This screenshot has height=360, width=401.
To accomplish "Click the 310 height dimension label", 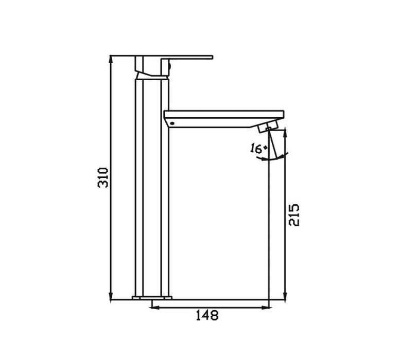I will [103, 177].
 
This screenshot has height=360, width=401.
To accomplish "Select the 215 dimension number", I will [294, 214].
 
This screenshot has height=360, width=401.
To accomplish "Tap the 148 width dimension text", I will [207, 315].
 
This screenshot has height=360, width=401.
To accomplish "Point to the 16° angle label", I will [258, 149].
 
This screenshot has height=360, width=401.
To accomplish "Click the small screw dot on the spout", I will [172, 123].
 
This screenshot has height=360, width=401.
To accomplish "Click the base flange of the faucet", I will [153, 298].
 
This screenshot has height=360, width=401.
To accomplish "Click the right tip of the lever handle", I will [211, 57].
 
